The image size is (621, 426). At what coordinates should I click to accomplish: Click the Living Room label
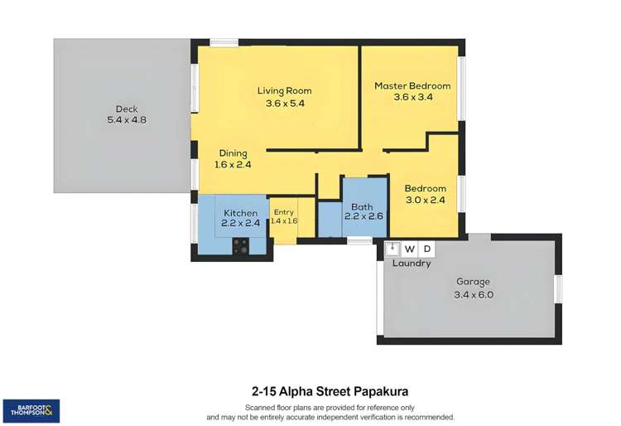(x=285, y=90)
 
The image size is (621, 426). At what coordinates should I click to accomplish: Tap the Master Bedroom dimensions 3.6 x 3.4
(x=412, y=97)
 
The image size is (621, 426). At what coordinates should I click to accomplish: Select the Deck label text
(x=126, y=108)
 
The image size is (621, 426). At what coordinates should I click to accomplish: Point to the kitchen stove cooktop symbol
(x=242, y=245)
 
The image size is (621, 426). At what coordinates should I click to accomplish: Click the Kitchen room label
(x=240, y=213)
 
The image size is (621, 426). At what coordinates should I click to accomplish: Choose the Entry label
(x=284, y=212)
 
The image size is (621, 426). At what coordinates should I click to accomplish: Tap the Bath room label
(x=362, y=207)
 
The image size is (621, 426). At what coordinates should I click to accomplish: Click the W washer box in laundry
(x=409, y=249)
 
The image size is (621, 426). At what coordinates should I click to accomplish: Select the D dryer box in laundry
(x=426, y=249)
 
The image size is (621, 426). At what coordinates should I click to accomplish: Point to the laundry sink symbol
(x=393, y=249)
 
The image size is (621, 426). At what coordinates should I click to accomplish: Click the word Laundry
(x=412, y=264)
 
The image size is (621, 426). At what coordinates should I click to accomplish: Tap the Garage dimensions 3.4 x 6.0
(x=473, y=295)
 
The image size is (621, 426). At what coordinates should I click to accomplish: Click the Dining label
(x=233, y=153)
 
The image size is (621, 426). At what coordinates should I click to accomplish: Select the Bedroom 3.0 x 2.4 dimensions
(x=425, y=200)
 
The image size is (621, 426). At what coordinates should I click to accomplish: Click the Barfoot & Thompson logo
(x=31, y=409)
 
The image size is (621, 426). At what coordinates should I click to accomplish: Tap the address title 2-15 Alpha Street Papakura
(x=330, y=390)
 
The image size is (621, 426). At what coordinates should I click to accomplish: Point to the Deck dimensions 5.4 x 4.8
(x=126, y=119)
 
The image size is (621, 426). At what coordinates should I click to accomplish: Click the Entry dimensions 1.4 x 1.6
(x=284, y=221)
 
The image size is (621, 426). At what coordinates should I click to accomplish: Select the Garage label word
(x=473, y=282)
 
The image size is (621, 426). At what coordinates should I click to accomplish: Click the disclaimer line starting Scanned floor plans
(x=330, y=407)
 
